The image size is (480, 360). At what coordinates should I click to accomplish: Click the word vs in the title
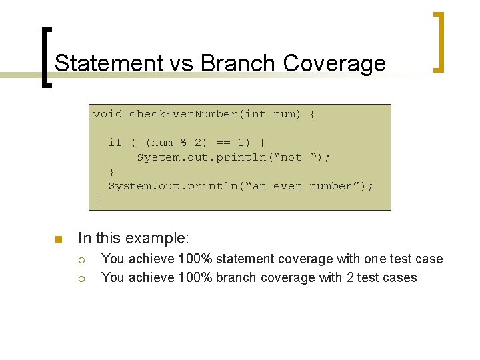click(x=181, y=63)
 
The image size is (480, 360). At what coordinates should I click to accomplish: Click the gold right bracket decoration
click(x=439, y=41)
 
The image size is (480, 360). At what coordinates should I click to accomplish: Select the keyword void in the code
click(x=107, y=114)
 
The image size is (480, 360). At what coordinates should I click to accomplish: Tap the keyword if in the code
click(x=115, y=143)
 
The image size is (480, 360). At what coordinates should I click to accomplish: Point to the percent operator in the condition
click(x=183, y=143)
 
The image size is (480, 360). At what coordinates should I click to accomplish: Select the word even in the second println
click(x=287, y=186)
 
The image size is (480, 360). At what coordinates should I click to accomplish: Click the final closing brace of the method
click(x=97, y=200)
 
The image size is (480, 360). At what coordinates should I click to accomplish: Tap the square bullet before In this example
click(x=58, y=239)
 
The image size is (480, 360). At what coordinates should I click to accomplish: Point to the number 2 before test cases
click(x=350, y=277)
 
